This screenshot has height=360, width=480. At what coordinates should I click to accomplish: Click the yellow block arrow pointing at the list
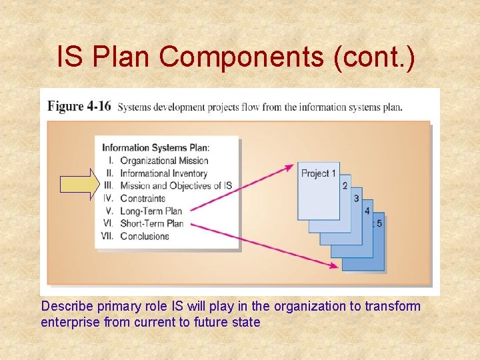point(79,185)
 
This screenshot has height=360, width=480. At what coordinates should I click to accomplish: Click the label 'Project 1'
point(318,173)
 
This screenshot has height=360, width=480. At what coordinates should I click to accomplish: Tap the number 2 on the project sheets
point(345,185)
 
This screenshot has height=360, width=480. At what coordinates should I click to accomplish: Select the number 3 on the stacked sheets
point(356,198)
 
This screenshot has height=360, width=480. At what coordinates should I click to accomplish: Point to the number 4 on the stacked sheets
point(367,211)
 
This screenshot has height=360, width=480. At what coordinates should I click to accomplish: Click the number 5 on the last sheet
point(379,223)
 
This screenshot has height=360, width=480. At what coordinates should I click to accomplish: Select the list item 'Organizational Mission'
point(164,160)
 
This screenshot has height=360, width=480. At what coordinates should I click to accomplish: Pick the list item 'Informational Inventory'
point(164,173)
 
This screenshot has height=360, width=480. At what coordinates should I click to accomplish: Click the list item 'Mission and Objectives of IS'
point(175,185)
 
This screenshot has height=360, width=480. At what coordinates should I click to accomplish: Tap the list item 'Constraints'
point(143,198)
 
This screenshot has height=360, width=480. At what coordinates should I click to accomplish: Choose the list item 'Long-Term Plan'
point(151,211)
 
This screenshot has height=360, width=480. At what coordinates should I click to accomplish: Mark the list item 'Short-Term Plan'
point(151,223)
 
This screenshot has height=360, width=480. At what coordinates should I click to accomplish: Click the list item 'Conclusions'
point(145,236)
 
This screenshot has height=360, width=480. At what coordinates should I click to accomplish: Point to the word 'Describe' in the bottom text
point(65,307)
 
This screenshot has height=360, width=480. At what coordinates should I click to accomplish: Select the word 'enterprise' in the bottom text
point(66,323)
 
